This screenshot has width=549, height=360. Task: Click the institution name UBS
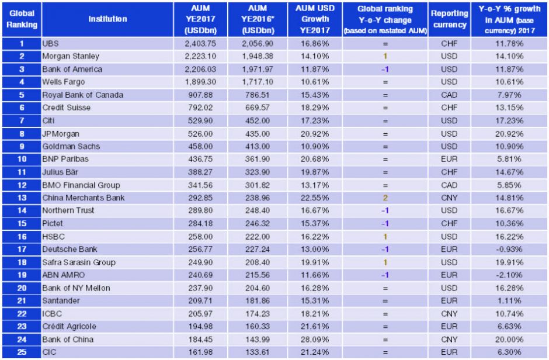(x=51, y=43)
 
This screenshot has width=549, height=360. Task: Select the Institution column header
(x=107, y=19)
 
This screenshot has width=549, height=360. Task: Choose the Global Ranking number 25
(x=21, y=352)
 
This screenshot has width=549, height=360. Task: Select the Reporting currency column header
(x=449, y=19)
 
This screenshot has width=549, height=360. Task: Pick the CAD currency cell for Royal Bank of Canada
(x=449, y=95)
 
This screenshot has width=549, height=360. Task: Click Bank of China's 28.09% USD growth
(x=315, y=339)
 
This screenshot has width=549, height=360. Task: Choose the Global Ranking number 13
(x=21, y=198)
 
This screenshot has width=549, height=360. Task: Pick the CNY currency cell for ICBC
(x=449, y=313)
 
